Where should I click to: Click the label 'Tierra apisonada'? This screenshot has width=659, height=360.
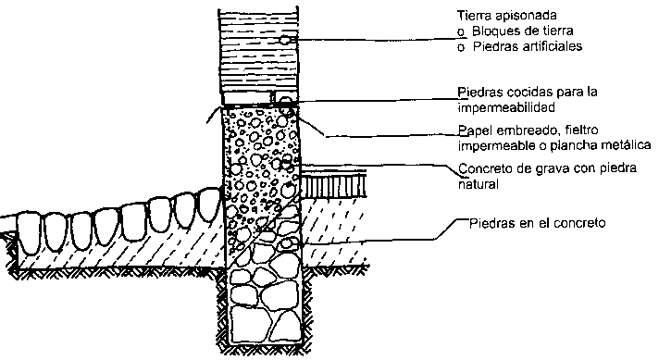pyautogui.click(x=507, y=16)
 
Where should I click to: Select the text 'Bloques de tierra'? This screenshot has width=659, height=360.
pyautogui.click(x=522, y=31)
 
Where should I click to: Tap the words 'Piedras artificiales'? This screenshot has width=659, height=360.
pyautogui.click(x=528, y=46)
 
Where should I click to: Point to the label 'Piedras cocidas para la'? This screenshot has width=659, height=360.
pyautogui.click(x=528, y=93)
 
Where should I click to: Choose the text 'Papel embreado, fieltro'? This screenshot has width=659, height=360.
pyautogui.click(x=528, y=130)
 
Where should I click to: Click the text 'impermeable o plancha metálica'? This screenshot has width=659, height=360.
pyautogui.click(x=553, y=146)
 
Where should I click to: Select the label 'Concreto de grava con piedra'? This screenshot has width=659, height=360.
pyautogui.click(x=547, y=168)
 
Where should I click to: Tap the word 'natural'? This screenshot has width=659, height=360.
pyautogui.click(x=478, y=184)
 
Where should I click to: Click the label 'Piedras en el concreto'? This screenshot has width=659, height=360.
pyautogui.click(x=537, y=223)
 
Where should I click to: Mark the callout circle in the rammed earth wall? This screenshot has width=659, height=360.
pyautogui.click(x=285, y=40)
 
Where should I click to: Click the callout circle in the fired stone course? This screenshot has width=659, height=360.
pyautogui.click(x=285, y=101)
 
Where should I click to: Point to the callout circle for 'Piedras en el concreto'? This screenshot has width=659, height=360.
pyautogui.click(x=287, y=243)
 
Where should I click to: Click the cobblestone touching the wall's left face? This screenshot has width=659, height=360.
pyautogui.click(x=210, y=205)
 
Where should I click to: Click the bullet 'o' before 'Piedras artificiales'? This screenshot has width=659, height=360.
pyautogui.click(x=461, y=48)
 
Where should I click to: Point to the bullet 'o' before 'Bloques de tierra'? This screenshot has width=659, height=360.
pyautogui.click(x=461, y=32)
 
